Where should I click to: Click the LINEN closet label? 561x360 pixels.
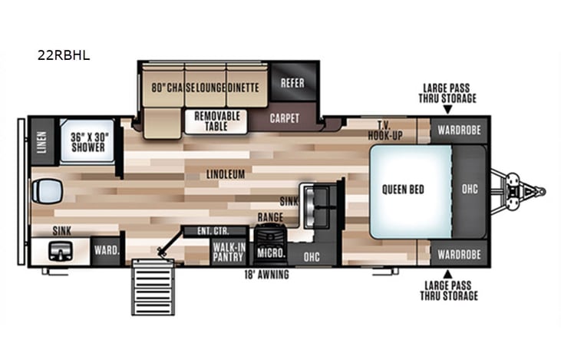point(41,141)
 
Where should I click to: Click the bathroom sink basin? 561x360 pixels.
point(58,249)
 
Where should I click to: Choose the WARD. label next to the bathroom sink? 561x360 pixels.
point(105,249)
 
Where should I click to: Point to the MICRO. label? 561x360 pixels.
point(272,253)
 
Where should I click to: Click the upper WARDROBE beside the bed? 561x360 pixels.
point(459,130)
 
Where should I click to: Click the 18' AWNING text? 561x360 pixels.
point(267,275)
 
